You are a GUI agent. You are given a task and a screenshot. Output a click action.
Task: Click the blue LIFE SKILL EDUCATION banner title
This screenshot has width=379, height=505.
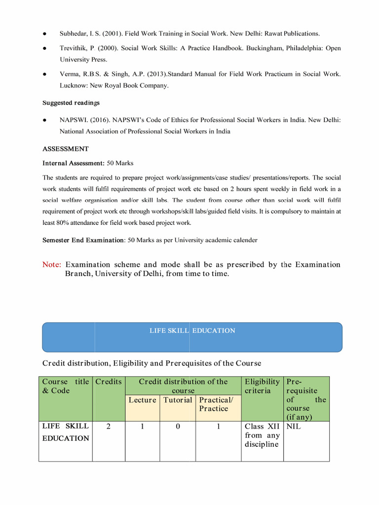tap(192, 330)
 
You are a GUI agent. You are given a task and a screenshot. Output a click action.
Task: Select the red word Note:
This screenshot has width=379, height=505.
tap(52, 265)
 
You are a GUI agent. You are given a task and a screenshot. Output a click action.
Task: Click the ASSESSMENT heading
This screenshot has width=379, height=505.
tap(66, 148)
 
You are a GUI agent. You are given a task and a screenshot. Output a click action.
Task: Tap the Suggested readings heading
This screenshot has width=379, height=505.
tap(71, 103)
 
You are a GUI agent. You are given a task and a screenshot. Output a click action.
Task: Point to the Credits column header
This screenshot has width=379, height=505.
tap(108, 382)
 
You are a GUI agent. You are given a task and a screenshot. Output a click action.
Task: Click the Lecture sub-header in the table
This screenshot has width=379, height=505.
tap(142, 400)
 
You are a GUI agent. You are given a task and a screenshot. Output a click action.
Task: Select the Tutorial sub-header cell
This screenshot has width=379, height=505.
tap(178, 400)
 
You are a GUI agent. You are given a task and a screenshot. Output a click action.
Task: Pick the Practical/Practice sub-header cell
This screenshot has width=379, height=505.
tap(214, 404)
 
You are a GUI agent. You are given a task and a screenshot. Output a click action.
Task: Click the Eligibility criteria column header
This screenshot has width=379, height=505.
tap(262, 386)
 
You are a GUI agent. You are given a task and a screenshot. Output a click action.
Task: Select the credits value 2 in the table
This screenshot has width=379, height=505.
tap(108, 427)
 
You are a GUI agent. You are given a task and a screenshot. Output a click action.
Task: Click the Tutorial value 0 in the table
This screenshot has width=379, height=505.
tap(178, 427)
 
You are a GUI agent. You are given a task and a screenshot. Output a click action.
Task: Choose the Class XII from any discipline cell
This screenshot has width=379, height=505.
tap(262, 435)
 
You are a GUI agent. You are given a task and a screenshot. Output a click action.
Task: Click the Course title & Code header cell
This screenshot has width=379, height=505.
tap(66, 386)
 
